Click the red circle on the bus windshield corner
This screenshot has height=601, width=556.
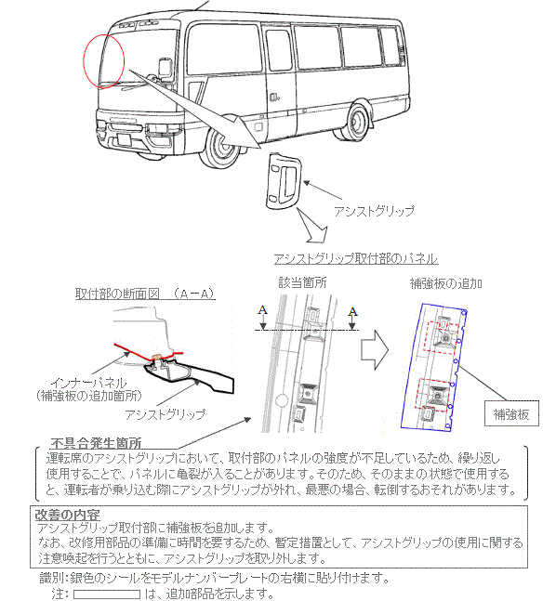tap(84, 61)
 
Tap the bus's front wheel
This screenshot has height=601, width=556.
tap(222, 147)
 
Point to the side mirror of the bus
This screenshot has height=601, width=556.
tap(165, 68)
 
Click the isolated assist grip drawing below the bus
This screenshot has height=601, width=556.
tap(284, 181)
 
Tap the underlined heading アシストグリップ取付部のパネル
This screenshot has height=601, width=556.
tap(356, 259)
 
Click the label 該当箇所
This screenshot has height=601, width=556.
tap(302, 283)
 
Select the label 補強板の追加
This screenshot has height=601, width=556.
tap(446, 283)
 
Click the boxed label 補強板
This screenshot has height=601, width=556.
tap(511, 414)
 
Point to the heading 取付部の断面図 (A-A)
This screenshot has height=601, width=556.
tap(145, 294)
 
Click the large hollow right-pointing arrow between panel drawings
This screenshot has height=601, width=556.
tap(375, 350)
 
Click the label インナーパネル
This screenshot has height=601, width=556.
tap(88, 383)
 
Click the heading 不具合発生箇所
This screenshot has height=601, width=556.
tap(96, 443)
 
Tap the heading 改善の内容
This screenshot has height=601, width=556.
tap(68, 516)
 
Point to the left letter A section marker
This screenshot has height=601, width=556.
tap(262, 309)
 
